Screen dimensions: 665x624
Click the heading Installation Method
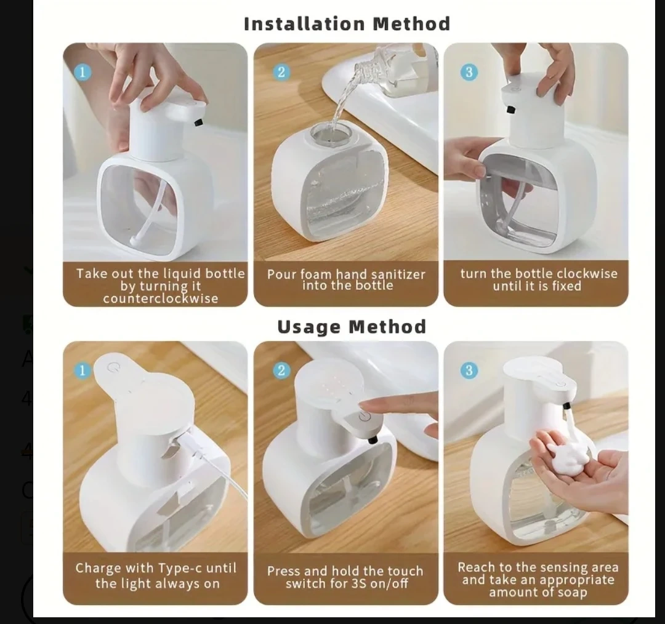pyautogui.click(x=347, y=24)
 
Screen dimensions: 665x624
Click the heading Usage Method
pyautogui.click(x=352, y=327)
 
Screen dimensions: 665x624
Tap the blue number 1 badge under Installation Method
pyautogui.click(x=83, y=71)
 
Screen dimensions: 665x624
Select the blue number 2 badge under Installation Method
pyautogui.click(x=281, y=71)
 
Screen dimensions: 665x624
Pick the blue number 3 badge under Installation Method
pyautogui.click(x=469, y=71)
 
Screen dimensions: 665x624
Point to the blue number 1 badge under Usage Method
pyautogui.click(x=83, y=370)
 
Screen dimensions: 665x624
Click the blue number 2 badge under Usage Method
pyautogui.click(x=281, y=370)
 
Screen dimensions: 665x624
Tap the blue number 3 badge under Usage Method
pyautogui.click(x=469, y=370)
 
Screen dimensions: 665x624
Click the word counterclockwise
pyautogui.click(x=160, y=298)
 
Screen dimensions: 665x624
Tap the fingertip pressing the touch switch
pyautogui.click(x=369, y=404)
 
